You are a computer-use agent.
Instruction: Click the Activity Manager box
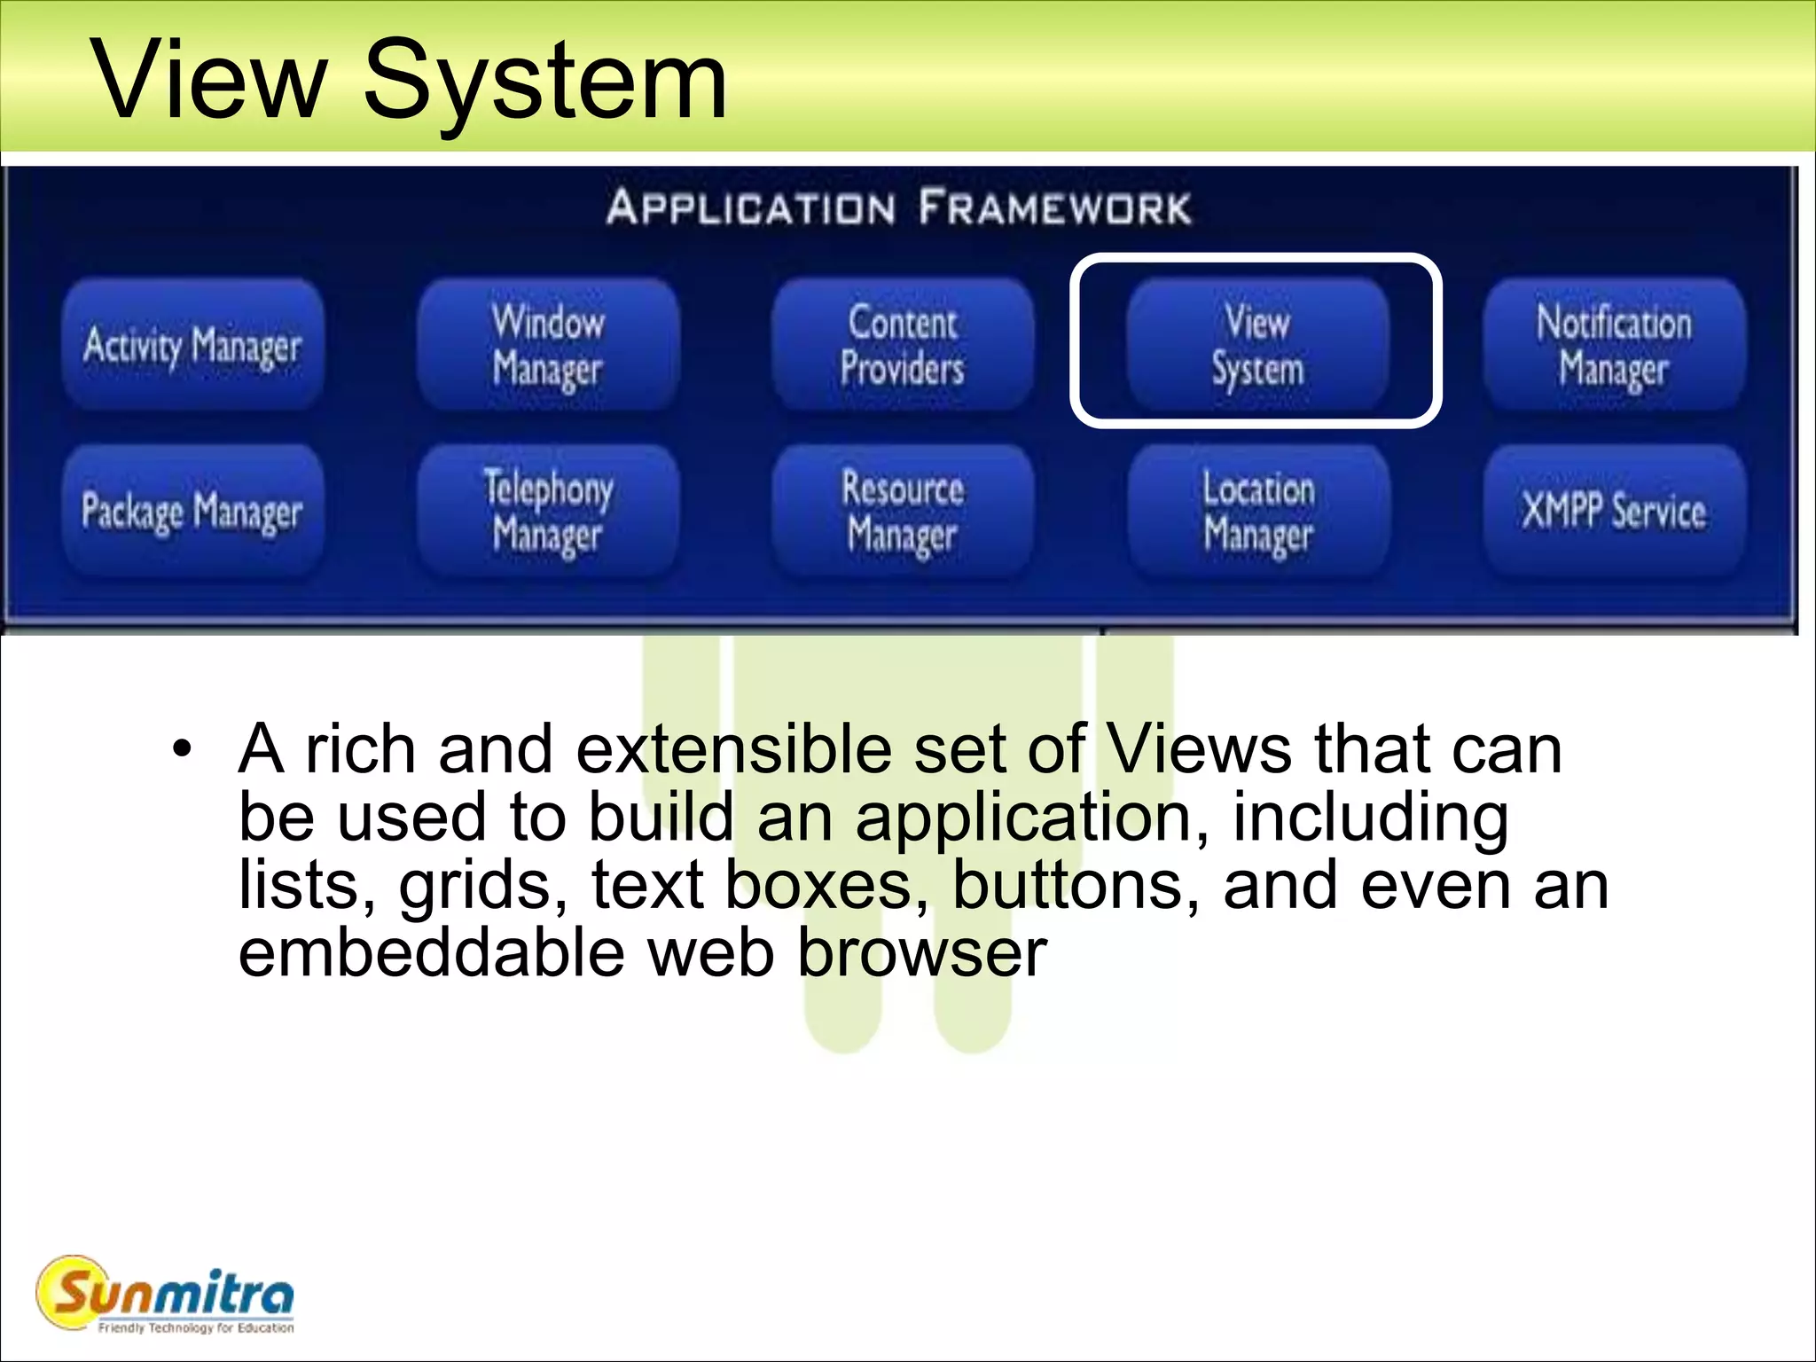pos(192,345)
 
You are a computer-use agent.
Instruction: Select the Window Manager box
pos(548,345)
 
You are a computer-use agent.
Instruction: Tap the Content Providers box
pos(903,345)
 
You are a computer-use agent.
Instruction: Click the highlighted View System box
pos(1256,345)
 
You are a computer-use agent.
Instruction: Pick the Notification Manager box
pos(1614,345)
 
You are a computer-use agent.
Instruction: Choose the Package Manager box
pos(192,512)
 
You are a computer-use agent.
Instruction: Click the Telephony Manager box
pos(548,512)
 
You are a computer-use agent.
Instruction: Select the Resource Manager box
pos(903,512)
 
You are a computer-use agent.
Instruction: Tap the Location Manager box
pos(1258,512)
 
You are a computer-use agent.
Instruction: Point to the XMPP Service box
pos(1614,512)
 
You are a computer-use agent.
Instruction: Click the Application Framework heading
pos(899,207)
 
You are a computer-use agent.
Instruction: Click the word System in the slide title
pos(544,82)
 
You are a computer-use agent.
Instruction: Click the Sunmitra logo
pos(166,1295)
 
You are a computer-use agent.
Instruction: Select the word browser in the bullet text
pos(922,953)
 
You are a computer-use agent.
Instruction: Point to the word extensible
pos(733,749)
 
